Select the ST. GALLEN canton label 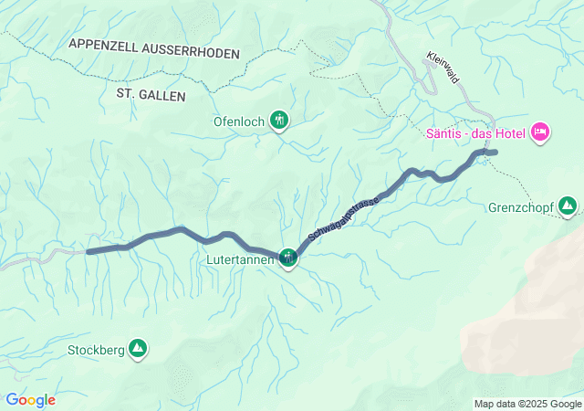[151, 94]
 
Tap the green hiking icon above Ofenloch [279, 119]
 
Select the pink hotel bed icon [539, 133]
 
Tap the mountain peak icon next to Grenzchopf [568, 205]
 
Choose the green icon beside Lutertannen [288, 258]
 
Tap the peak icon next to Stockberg [139, 348]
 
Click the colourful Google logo [30, 400]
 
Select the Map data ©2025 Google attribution [527, 404]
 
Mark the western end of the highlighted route [89, 251]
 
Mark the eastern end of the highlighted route [495, 152]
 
